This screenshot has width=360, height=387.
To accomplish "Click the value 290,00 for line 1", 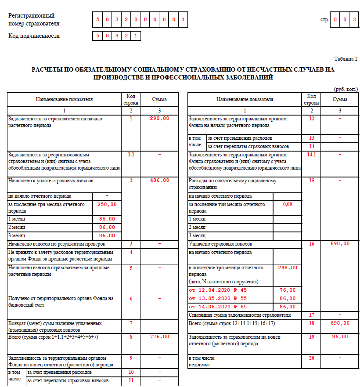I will point(159,119).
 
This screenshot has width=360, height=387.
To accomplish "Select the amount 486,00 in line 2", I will point(159,181).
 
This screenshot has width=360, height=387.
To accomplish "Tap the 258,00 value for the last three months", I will point(107,204).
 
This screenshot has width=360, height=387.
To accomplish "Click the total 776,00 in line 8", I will point(159,336).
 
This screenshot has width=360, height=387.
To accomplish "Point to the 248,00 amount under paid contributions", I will point(288,268).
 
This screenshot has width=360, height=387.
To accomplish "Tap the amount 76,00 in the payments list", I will point(288,290).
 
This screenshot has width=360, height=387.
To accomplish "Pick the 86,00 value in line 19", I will point(340,336).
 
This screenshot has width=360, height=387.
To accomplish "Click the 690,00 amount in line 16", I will point(340,243).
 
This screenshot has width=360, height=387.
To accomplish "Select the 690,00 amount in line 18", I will point(340,323).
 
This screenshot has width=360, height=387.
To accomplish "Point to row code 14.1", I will point(311,155).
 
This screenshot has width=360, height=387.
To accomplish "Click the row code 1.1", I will point(131,155).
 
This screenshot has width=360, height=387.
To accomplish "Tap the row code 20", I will point(311,358).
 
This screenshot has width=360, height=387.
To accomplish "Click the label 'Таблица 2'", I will point(346,58).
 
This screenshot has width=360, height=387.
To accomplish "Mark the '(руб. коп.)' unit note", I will point(346,89).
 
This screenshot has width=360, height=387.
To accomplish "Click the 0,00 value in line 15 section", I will point(288,204).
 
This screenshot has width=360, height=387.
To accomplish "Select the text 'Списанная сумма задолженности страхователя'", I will point(239,315).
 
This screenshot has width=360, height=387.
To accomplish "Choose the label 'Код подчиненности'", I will point(34,36).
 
